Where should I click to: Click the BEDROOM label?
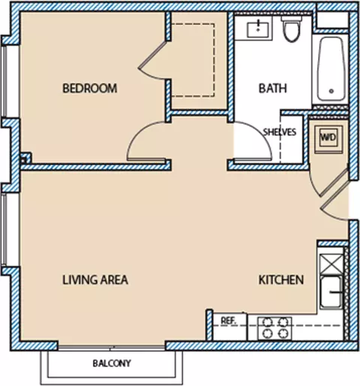pyautogui.click(x=89, y=89)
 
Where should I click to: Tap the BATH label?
pyautogui.click(x=273, y=89)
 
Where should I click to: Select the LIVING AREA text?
pyautogui.click(x=95, y=279)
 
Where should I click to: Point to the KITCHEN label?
pyautogui.click(x=281, y=279)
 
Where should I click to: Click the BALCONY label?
pyautogui.click(x=112, y=363)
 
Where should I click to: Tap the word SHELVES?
pyautogui.click(x=280, y=132)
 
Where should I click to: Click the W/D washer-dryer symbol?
pyautogui.click(x=328, y=137)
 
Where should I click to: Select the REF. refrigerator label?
pyautogui.click(x=229, y=321)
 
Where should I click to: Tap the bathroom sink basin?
pyautogui.click(x=258, y=30)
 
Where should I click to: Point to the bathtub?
pyautogui.click(x=331, y=69)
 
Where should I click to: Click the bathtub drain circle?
pyautogui.click(x=331, y=91)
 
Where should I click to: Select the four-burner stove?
pyautogui.click(x=274, y=328)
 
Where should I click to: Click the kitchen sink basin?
pyautogui.click(x=331, y=292)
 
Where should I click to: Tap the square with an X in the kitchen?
pyautogui.click(x=331, y=264)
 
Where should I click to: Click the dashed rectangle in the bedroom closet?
pyautogui.click(x=214, y=60)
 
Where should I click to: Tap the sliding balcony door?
pyautogui.click(x=112, y=347)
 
